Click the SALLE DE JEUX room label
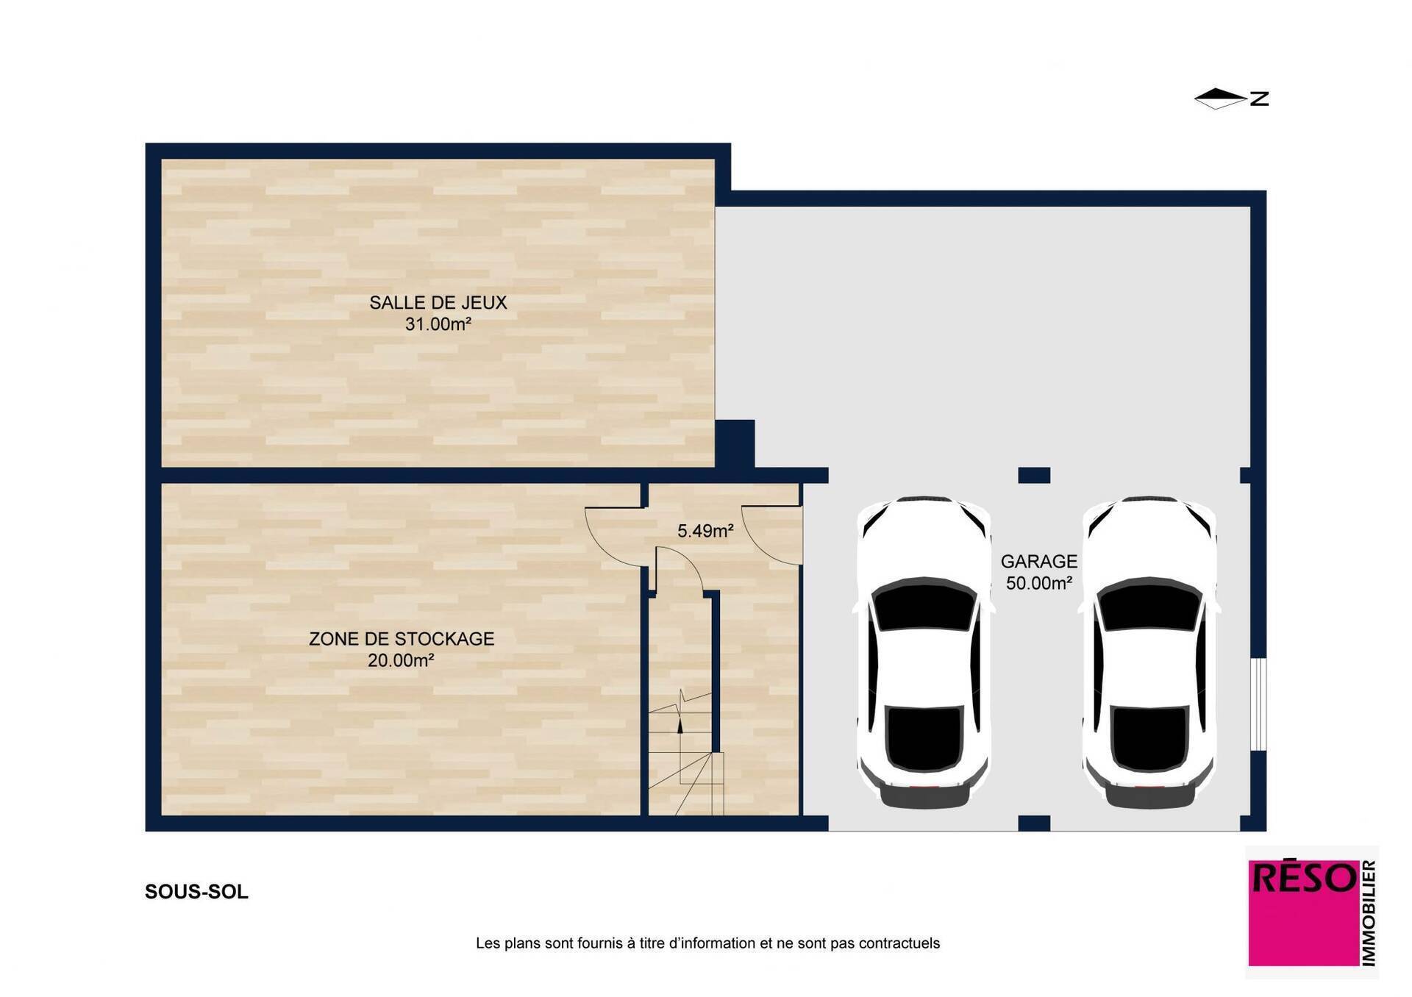[x=438, y=302]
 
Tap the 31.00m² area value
[x=438, y=324]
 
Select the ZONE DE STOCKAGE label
[x=402, y=639]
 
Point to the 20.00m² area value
[x=401, y=660]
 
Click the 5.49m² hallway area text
[x=705, y=531]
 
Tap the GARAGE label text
[x=1039, y=562]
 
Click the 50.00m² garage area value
[x=1039, y=583]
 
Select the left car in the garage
[x=924, y=652]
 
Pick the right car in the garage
[x=1149, y=652]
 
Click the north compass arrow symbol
[x=1220, y=99]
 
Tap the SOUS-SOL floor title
[x=196, y=892]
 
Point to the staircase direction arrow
[x=680, y=725]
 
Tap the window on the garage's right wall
[x=1258, y=704]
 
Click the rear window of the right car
[x=1149, y=738]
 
